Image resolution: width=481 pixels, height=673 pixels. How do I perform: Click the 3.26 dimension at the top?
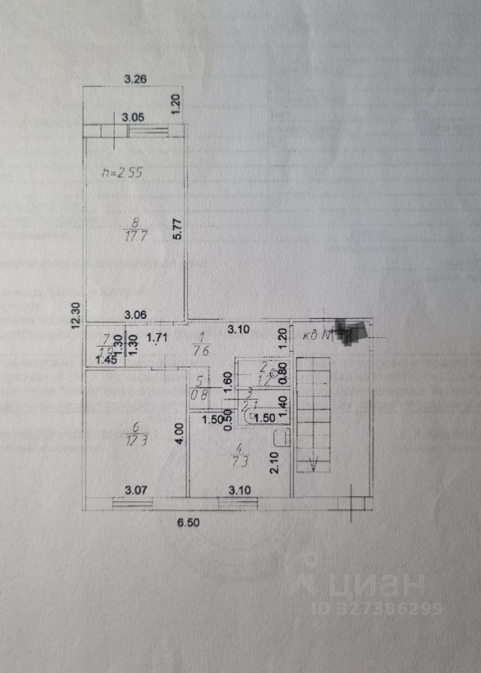pyautogui.click(x=135, y=79)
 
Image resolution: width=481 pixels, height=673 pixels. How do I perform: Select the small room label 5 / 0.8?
pyautogui.click(x=200, y=388)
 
